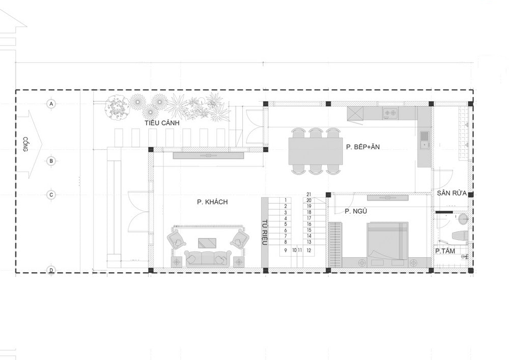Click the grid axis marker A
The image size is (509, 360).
51,104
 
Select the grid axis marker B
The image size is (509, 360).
51,161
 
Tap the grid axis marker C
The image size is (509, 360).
51,195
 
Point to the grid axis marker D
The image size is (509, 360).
51,270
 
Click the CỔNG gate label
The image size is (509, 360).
25,144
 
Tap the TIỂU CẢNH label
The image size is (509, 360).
162,123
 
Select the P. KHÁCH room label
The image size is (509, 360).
212,202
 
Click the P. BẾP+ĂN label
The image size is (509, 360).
362,147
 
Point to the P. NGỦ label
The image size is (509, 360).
356,211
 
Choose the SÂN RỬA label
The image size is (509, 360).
451,193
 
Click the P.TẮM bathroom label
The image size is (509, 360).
445,251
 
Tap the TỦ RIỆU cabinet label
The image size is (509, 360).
264,232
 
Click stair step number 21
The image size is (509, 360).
309,195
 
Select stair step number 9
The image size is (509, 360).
286,251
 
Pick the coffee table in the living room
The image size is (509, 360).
207,243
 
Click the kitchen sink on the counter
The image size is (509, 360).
424,140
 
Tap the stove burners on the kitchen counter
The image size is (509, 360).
390,113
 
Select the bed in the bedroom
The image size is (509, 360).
387,240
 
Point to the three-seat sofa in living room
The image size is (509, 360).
207,258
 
